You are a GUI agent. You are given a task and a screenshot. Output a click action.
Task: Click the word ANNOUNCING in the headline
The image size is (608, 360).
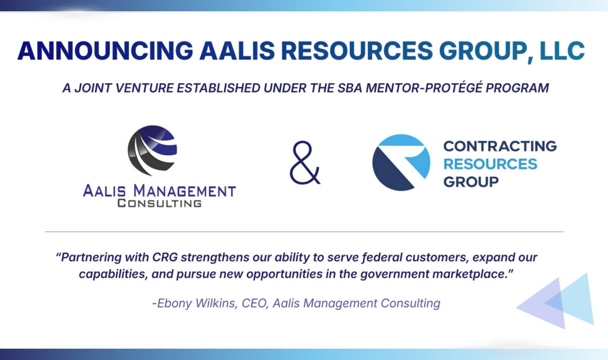105,50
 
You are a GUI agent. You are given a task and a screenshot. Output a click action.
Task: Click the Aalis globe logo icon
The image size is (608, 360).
153,150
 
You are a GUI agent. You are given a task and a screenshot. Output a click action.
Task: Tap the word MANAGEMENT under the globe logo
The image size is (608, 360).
185,191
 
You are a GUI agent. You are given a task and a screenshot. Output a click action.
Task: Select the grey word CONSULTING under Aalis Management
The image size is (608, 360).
159,204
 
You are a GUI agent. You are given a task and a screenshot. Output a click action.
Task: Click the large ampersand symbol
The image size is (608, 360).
305,163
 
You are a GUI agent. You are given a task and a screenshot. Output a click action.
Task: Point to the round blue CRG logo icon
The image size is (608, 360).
401,163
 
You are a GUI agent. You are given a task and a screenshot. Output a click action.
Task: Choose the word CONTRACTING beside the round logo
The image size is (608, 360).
500,146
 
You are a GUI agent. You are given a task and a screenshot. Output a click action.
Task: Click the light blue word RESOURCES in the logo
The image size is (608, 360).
490,164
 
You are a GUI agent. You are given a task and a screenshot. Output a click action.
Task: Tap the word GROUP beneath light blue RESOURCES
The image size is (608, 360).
471,182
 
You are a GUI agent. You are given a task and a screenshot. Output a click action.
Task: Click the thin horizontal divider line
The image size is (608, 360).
304,232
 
